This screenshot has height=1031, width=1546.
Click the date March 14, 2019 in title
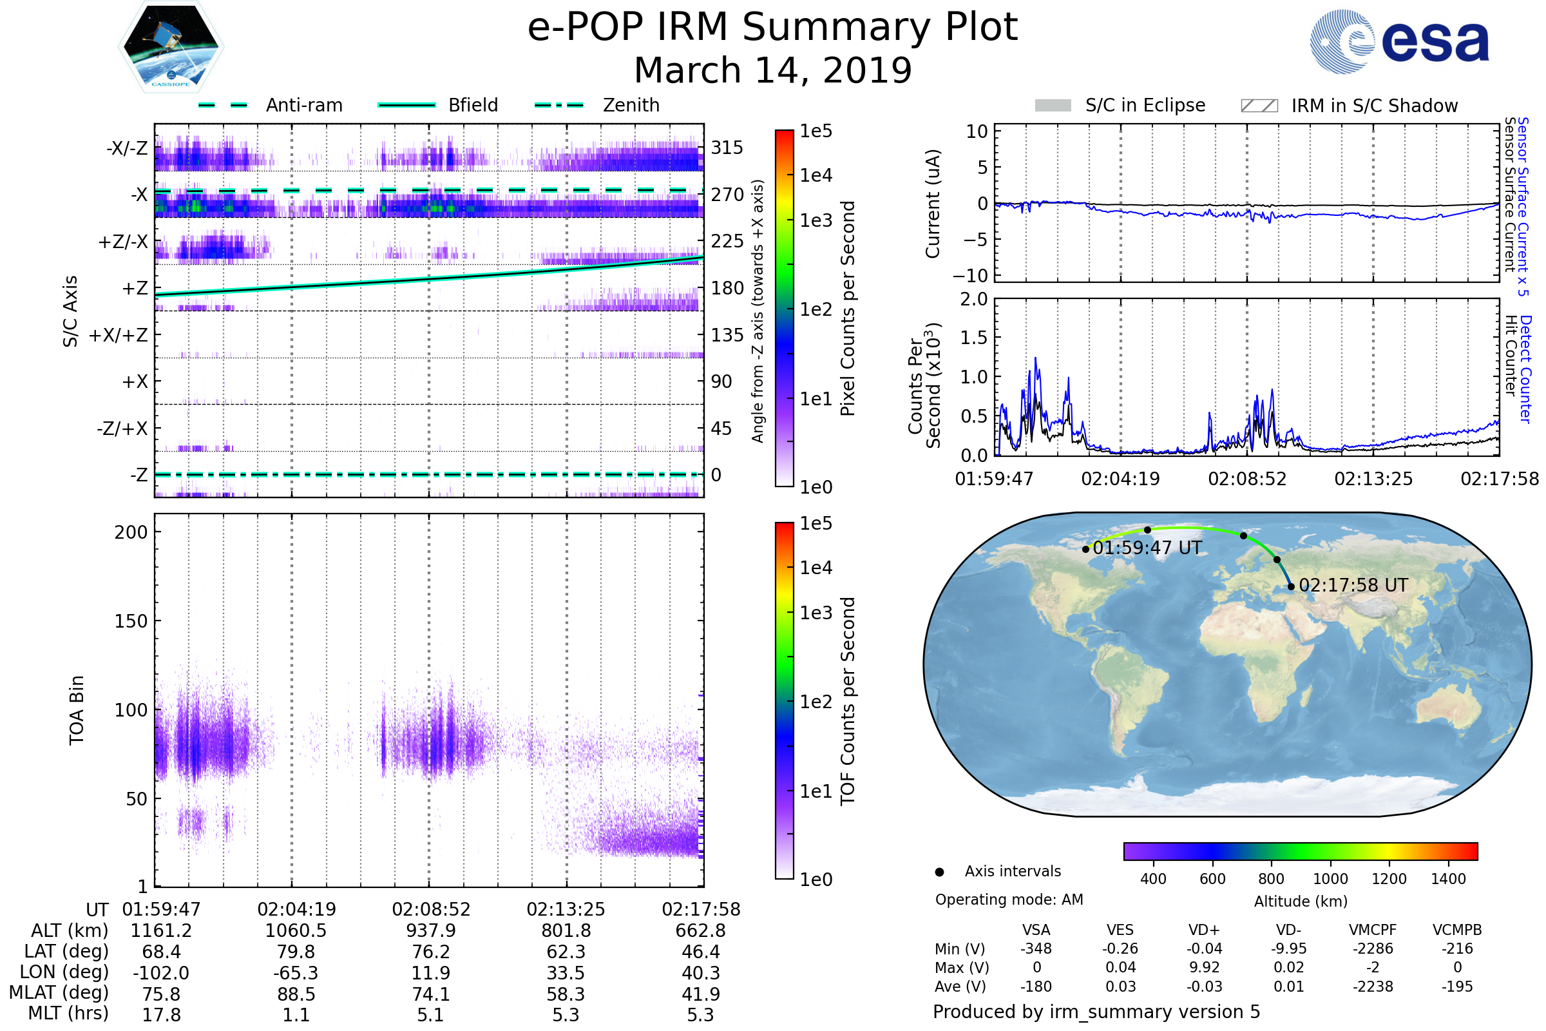773,70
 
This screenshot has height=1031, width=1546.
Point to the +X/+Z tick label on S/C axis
119,335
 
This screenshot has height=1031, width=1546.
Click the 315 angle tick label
727,148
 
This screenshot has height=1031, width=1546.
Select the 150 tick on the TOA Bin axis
131,621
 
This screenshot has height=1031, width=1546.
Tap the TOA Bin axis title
76,710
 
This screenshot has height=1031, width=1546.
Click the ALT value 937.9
430,931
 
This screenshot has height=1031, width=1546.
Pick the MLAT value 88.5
296,994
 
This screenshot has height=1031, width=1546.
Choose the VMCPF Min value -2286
1373,949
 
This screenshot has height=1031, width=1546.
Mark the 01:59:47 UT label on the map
1147,548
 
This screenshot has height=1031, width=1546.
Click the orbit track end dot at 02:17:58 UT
1291,586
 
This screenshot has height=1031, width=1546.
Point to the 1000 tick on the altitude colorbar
1330,879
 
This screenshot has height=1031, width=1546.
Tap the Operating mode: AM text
1009,900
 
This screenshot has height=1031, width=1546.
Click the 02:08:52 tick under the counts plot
1247,479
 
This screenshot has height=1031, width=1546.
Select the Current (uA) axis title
933,204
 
